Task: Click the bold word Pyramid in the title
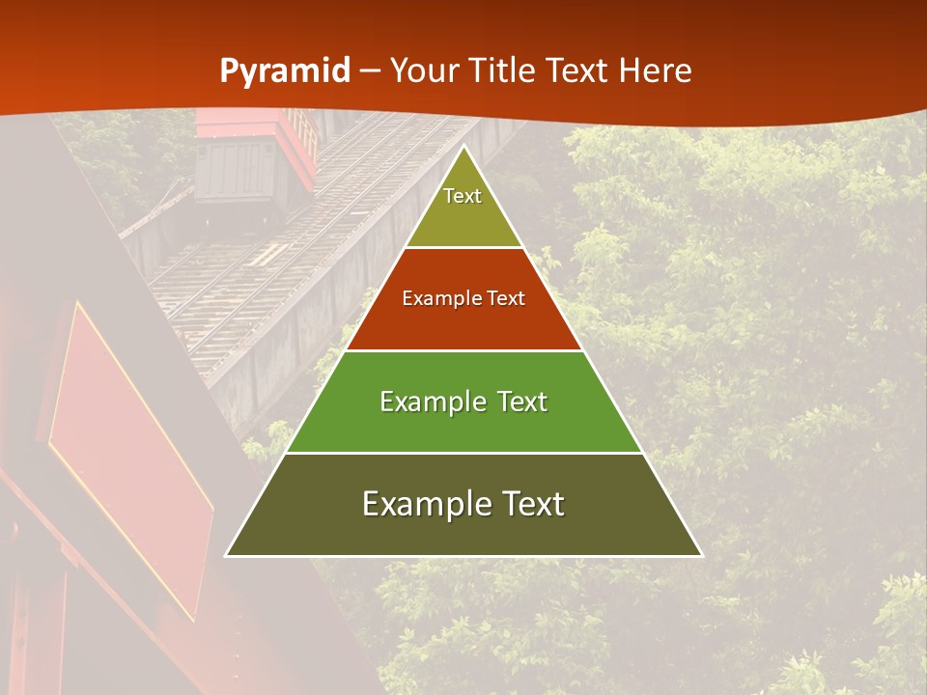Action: [x=284, y=71]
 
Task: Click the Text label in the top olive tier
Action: [x=463, y=196]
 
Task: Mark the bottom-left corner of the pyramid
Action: [x=227, y=555]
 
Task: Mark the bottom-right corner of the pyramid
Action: [x=701, y=555]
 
